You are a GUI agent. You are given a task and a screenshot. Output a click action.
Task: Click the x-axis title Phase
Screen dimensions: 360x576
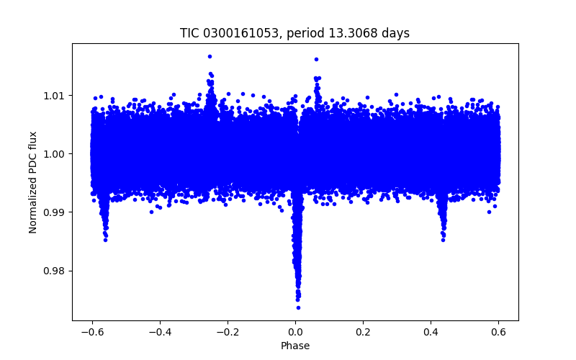click(295, 346)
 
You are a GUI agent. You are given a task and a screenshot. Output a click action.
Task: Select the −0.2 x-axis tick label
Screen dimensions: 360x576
click(226, 332)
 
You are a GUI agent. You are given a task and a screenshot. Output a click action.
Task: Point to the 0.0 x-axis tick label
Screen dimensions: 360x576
click(295, 332)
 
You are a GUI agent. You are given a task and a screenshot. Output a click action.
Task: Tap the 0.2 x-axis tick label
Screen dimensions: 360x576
click(364, 332)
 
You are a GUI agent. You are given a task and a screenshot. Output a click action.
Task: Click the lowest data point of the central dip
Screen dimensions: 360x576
click(298, 307)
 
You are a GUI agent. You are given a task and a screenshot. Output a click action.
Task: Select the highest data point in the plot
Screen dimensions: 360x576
click(210, 55)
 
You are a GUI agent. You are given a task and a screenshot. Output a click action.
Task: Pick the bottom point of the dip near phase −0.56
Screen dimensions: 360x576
click(105, 240)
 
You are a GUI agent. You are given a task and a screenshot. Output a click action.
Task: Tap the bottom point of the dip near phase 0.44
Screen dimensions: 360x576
click(443, 240)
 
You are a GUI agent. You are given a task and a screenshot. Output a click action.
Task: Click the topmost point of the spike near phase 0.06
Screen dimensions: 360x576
click(316, 59)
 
